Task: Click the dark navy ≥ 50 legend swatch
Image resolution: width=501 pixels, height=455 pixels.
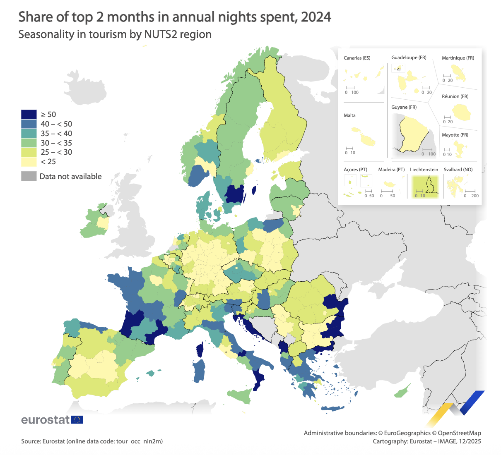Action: coord(29,115)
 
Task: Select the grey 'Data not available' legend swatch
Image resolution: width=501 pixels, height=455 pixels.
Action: coord(29,176)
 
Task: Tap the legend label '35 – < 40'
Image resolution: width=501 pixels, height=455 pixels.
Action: coord(56,134)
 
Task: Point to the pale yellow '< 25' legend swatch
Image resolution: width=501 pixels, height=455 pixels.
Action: coord(29,162)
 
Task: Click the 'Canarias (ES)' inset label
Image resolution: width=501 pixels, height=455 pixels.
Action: coord(357,58)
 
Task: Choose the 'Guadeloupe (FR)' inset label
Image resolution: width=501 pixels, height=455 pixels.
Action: coord(409,57)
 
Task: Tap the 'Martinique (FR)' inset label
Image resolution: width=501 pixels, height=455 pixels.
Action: coord(458,58)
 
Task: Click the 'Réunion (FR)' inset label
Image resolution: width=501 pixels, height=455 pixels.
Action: coord(455,96)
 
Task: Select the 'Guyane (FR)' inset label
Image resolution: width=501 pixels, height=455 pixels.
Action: coord(404,107)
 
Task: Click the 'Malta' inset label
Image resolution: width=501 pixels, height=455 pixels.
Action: coord(349,115)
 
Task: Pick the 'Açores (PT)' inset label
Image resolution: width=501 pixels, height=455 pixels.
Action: coord(355,170)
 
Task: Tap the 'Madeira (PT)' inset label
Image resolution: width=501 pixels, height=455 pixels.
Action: coord(391,170)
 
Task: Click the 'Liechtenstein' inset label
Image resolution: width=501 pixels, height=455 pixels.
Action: coord(424,170)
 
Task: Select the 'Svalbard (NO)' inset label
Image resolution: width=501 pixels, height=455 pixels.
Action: coord(458,170)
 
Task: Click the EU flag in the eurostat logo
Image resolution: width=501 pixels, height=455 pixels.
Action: coord(77,420)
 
